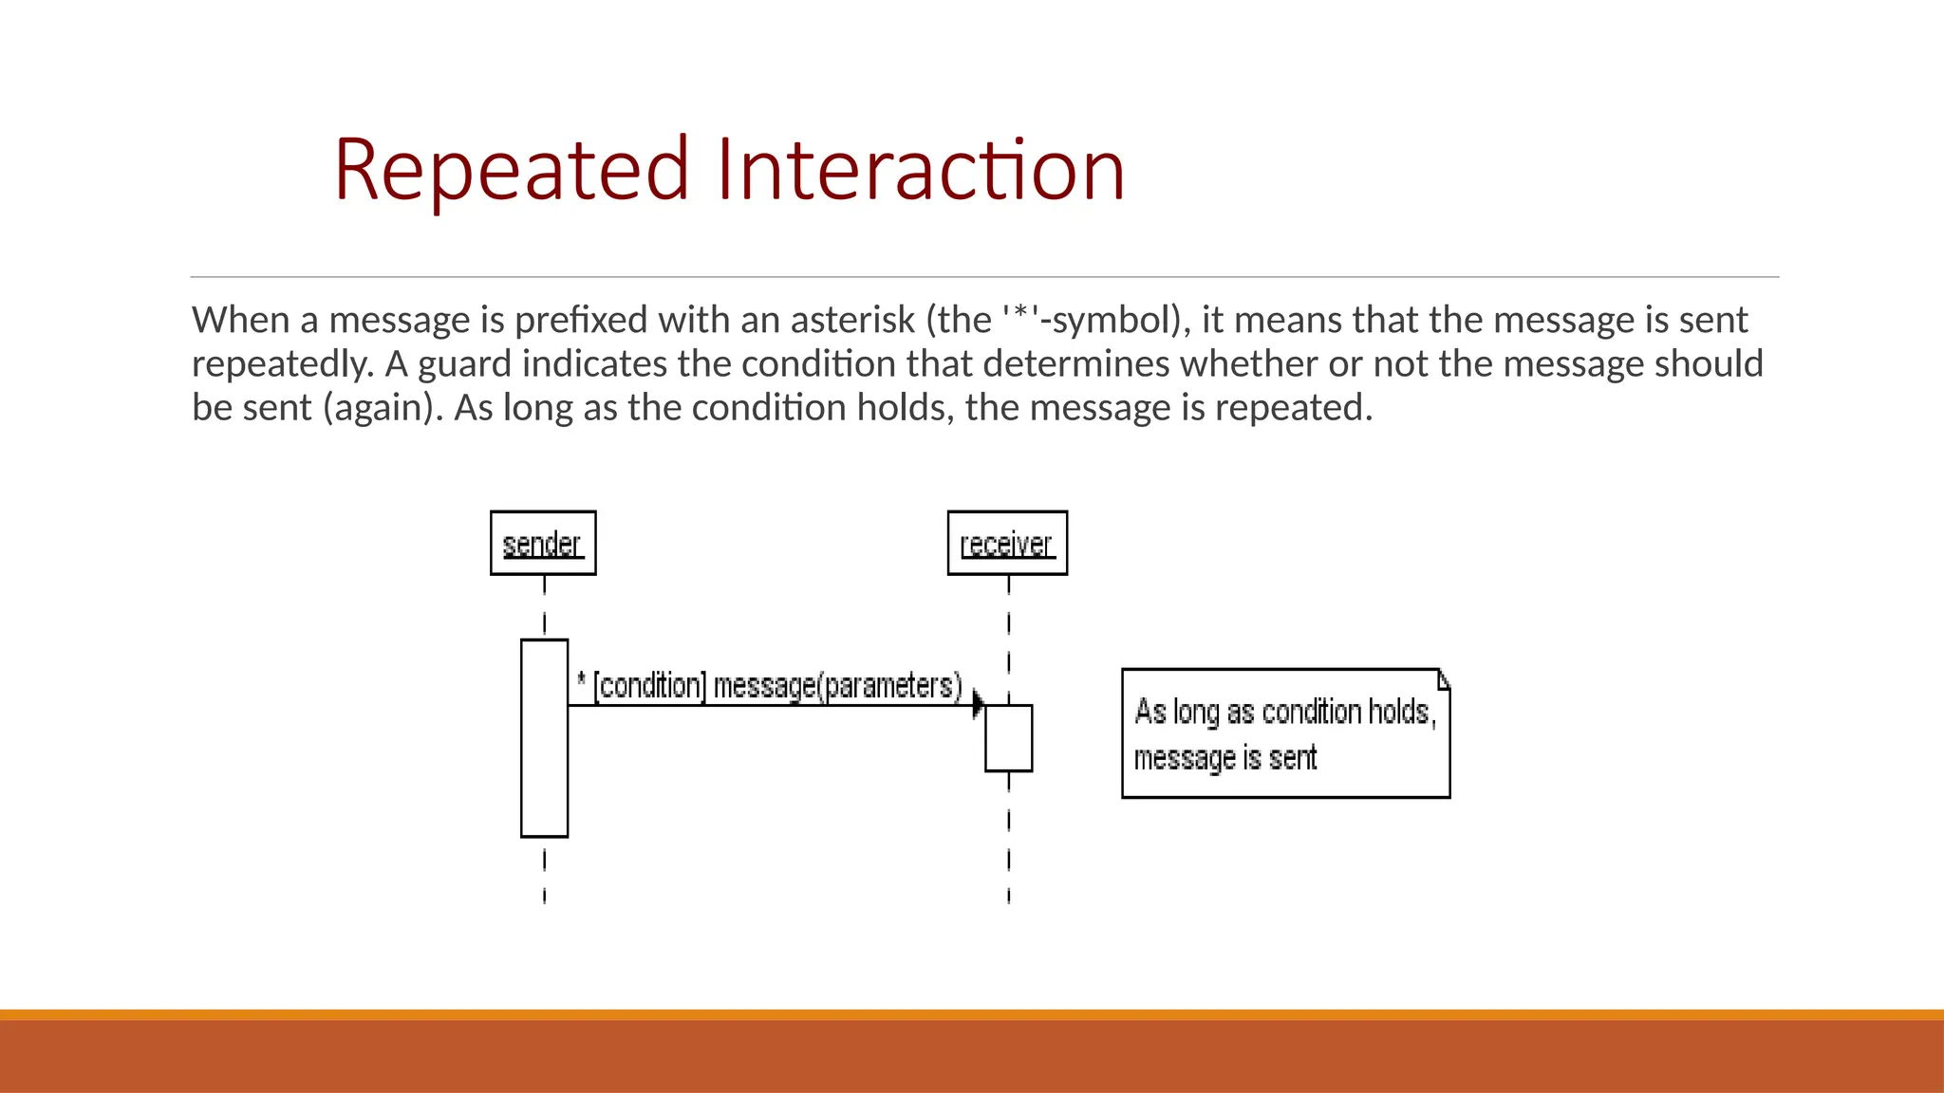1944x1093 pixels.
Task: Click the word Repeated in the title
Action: coord(511,171)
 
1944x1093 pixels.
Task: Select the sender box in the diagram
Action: coord(543,544)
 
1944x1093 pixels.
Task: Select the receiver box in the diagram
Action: coord(1007,544)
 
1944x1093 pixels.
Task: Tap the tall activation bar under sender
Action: coord(544,759)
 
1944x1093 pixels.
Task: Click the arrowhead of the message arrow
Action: coord(979,705)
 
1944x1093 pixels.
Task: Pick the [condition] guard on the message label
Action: coord(650,686)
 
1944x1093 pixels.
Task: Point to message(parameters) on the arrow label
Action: coord(837,686)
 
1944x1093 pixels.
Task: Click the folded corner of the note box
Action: coord(1443,678)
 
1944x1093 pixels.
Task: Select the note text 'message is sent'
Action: coord(1224,758)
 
